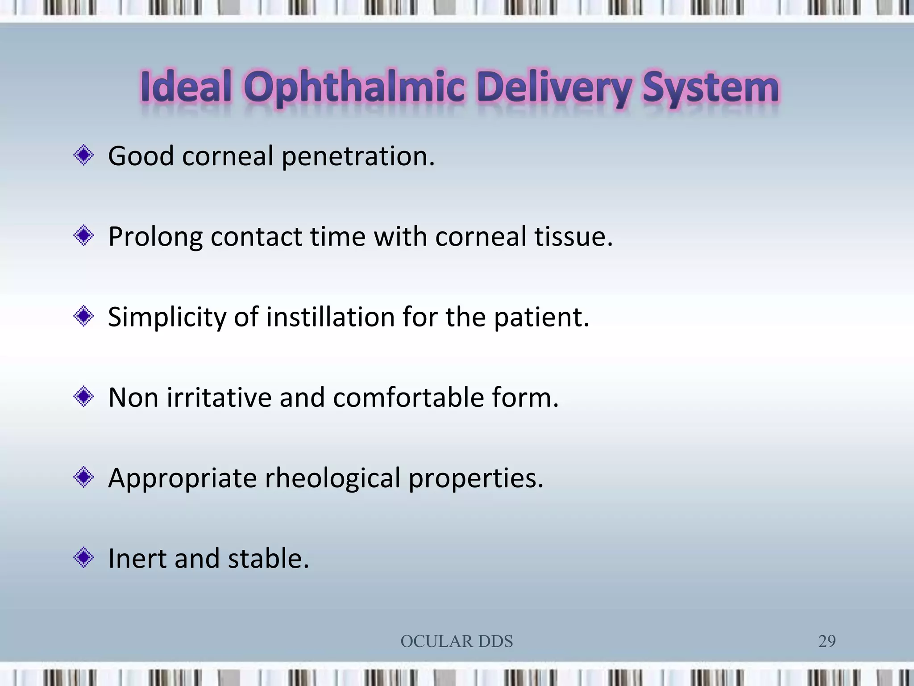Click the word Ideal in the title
coord(186,87)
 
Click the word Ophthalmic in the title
coord(355,88)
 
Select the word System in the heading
coord(710,88)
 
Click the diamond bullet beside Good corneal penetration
coord(83,155)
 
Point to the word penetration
coord(358,157)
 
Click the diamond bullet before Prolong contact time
coord(83,236)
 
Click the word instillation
coord(330,317)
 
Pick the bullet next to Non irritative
coord(83,397)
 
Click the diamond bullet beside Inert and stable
coord(83,558)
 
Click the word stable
coord(268,559)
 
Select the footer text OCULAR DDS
coord(457,641)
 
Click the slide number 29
coord(827,641)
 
